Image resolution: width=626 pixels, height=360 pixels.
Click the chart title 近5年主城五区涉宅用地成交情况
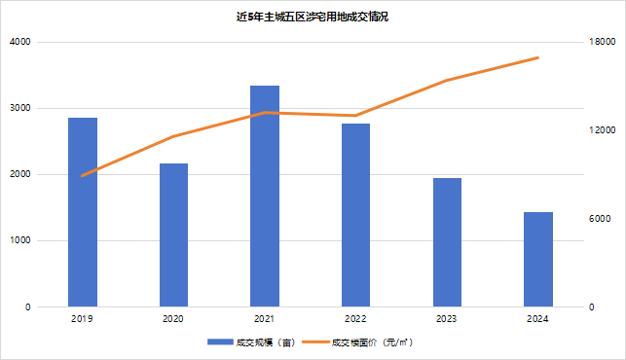(313, 18)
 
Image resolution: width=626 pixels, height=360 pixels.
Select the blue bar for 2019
(83, 212)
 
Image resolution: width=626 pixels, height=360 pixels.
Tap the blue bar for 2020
(173, 235)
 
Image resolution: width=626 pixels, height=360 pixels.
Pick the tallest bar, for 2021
(265, 197)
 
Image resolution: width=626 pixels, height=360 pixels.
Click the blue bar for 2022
(355, 215)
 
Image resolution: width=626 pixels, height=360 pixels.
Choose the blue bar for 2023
(447, 242)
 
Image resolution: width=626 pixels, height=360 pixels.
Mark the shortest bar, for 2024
(538, 260)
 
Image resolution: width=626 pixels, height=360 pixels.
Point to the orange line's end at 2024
(538, 58)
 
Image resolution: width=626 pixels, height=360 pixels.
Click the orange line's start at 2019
(83, 176)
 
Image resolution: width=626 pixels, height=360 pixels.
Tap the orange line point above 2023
(447, 80)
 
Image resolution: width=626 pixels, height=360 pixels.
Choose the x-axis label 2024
(538, 319)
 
